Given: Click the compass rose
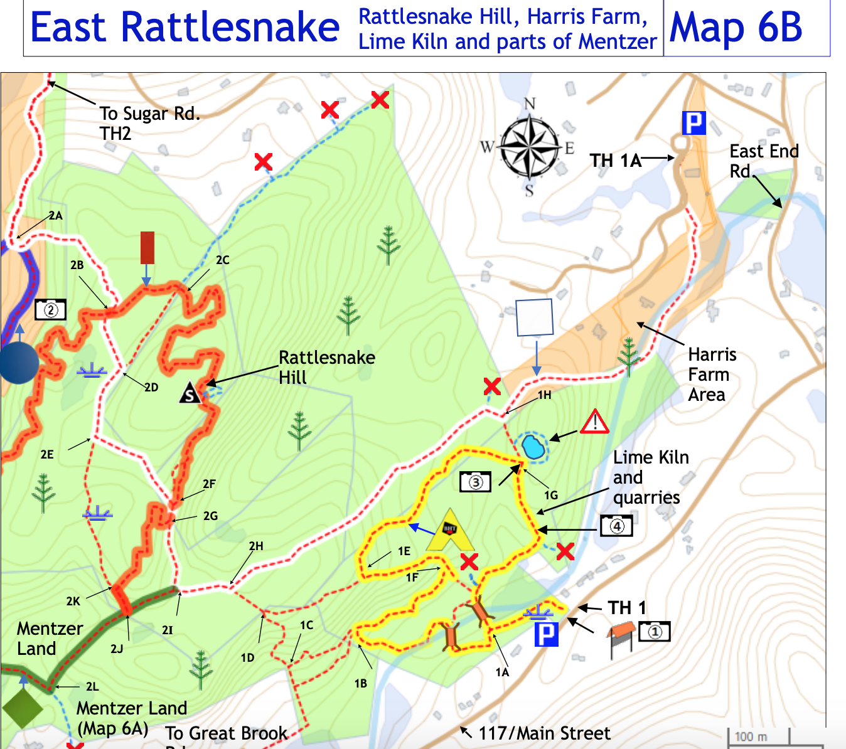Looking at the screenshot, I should pyautogui.click(x=530, y=147).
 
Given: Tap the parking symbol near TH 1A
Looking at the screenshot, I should pyautogui.click(x=694, y=123).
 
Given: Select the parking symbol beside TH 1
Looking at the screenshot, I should pyautogui.click(x=546, y=634).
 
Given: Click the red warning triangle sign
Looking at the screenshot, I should pyautogui.click(x=594, y=422).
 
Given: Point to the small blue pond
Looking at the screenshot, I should pyautogui.click(x=533, y=447).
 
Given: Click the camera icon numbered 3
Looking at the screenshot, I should pyautogui.click(x=475, y=482).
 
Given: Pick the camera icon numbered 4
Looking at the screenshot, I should pyautogui.click(x=616, y=526).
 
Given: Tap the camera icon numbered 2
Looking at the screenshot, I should pyautogui.click(x=50, y=310).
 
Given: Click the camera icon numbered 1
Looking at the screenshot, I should pyautogui.click(x=654, y=631).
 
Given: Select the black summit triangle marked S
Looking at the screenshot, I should pyautogui.click(x=190, y=393).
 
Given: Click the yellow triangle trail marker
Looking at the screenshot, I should pyautogui.click(x=450, y=531).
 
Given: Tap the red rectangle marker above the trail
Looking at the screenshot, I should pyautogui.click(x=147, y=248).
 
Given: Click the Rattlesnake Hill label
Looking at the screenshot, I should pyautogui.click(x=326, y=367).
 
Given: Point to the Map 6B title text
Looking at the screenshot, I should pyautogui.click(x=736, y=28).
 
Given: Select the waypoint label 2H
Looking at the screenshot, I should pyautogui.click(x=256, y=546).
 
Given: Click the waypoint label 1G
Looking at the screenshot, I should pyautogui.click(x=550, y=495).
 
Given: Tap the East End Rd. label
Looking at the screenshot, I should pyautogui.click(x=763, y=161).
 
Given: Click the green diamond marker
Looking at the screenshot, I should pyautogui.click(x=23, y=709).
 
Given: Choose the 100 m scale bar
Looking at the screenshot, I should pyautogui.click(x=775, y=739).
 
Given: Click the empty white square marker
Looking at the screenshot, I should pyautogui.click(x=534, y=317).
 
